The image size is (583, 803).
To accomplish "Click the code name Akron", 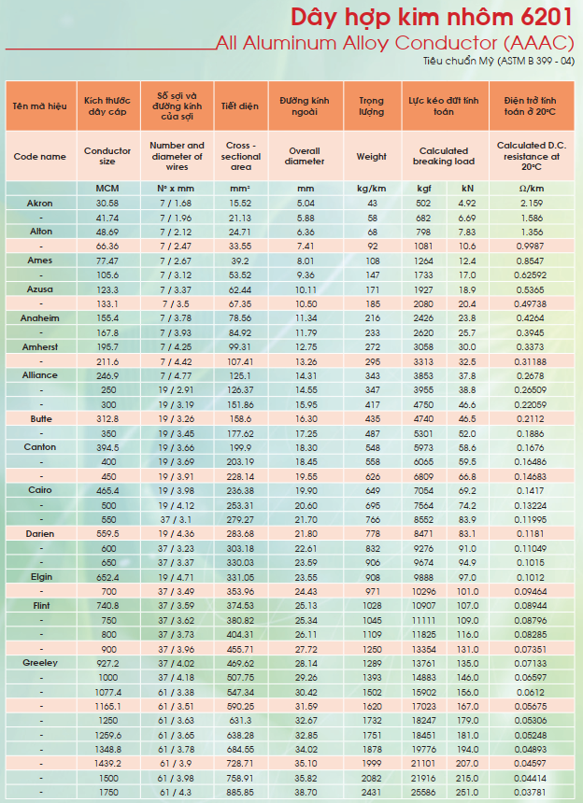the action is click(40, 204).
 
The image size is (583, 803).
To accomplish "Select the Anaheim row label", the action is click(40, 318).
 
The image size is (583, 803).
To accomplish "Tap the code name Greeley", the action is click(40, 663).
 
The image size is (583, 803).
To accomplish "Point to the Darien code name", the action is click(40, 534).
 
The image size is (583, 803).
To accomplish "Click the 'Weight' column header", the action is click(372, 157).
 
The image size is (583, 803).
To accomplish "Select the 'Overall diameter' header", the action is click(305, 156).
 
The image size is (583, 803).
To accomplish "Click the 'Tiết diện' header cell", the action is click(240, 106).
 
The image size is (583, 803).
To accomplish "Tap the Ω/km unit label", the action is click(532, 189).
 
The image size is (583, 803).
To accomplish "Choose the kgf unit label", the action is click(423, 189).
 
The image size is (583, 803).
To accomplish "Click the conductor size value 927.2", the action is click(107, 663).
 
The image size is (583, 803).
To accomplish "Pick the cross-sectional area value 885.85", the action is click(240, 792).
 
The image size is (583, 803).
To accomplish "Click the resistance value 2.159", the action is click(532, 204).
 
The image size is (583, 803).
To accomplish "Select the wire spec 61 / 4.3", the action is click(177, 792).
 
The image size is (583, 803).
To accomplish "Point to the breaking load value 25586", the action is click(423, 792).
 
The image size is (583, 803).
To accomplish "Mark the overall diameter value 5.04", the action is click(306, 204).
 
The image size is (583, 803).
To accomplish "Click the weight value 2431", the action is click(372, 792).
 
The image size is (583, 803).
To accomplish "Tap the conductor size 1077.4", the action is click(108, 693).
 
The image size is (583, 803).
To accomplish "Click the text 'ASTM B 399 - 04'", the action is click(534, 61).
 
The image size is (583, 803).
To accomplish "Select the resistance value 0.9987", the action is click(530, 247).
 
